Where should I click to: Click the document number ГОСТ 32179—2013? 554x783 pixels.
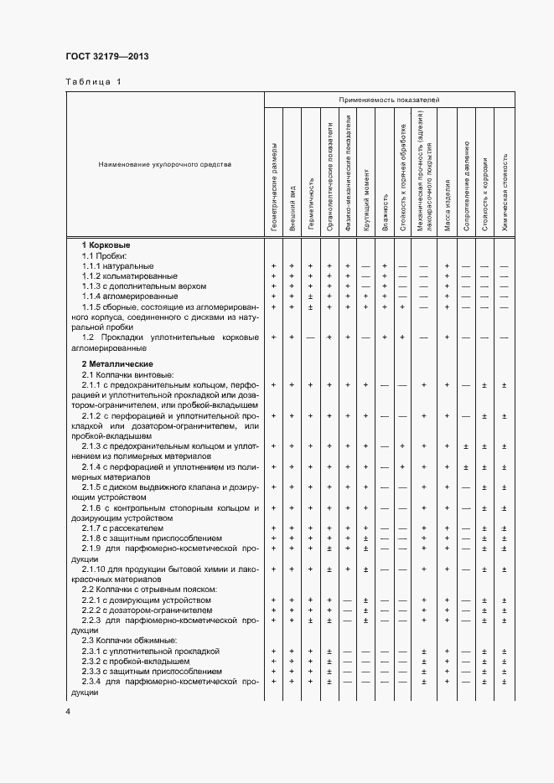pos(107,57)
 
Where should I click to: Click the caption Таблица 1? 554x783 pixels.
pos(93,82)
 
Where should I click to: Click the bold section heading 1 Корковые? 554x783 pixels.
pos(105,244)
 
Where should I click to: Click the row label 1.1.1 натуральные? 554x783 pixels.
pos(117,265)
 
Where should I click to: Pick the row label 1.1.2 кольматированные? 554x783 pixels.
pos(129,276)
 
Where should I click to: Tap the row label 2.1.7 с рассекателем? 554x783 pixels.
pos(122,528)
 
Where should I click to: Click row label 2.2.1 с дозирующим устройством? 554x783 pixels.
pos(146,600)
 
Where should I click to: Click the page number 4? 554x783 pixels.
pos(68,712)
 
